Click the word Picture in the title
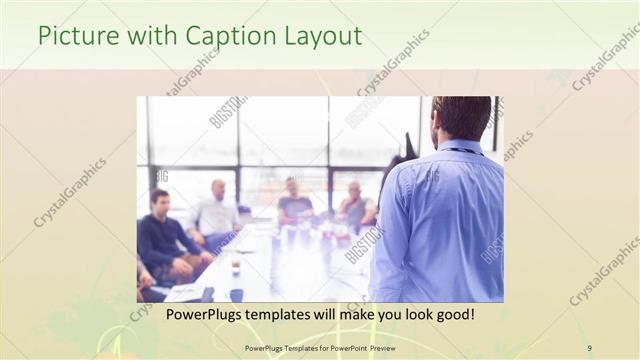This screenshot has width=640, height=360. (x=73, y=36)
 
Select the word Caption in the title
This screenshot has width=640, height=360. (x=224, y=36)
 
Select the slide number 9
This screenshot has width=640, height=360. (x=589, y=348)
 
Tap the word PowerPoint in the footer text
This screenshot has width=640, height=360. (x=346, y=348)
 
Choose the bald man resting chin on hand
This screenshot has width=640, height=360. (x=356, y=205)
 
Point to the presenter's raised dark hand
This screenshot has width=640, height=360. (x=410, y=143)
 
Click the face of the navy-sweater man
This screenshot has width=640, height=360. (x=160, y=202)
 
